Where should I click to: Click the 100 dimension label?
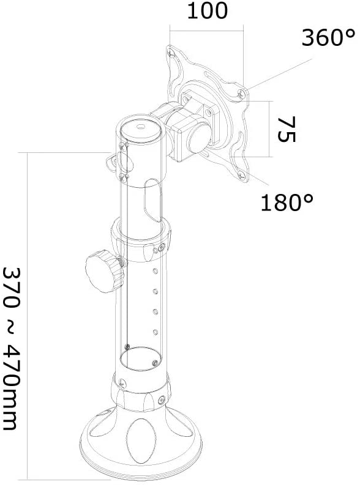(208, 10)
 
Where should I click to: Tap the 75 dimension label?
(287, 129)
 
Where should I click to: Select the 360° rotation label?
(328, 37)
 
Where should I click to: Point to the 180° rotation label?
(287, 203)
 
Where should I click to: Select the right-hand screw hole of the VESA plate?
(241, 93)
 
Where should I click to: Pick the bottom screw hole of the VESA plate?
(242, 176)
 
